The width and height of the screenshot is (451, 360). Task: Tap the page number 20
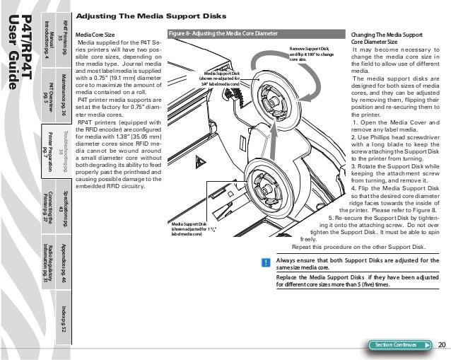coord(442,344)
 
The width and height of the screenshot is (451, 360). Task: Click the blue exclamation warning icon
coord(264,262)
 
